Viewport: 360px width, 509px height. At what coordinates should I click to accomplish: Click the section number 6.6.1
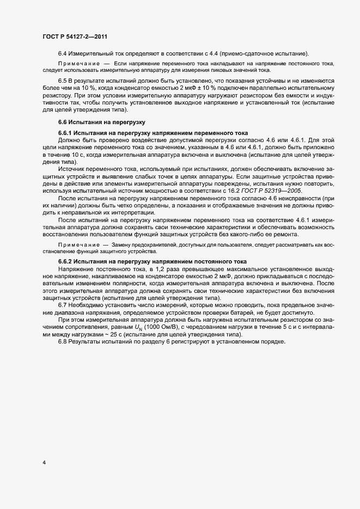pyautogui.click(x=65, y=133)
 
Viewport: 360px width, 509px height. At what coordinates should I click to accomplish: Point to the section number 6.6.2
pyautogui.click(x=65, y=261)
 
